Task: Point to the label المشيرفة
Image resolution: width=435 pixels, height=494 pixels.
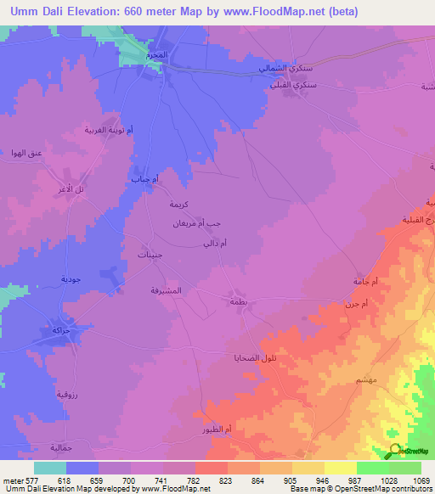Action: (x=165, y=290)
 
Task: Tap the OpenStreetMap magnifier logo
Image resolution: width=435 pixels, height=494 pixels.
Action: (x=395, y=449)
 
